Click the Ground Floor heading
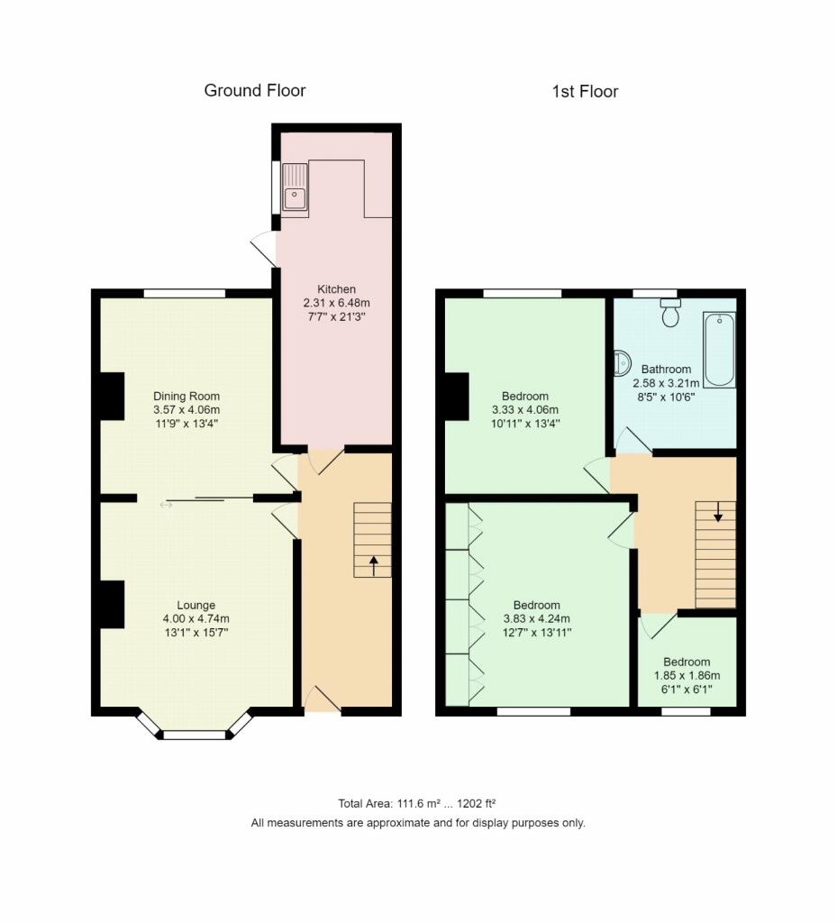tap(254, 90)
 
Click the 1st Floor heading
tap(585, 91)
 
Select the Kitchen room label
tap(335, 289)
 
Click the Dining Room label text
tap(187, 397)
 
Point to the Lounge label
tap(196, 605)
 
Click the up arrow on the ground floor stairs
tap(374, 565)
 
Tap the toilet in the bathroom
tap(669, 314)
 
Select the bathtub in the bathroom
tap(719, 349)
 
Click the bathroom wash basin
tap(622, 363)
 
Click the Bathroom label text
tap(666, 369)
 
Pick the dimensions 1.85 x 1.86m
tap(687, 675)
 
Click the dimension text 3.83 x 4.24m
tap(537, 619)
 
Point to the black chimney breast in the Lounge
tap(112, 604)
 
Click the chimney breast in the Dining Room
tap(112, 396)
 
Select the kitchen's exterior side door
tap(264, 249)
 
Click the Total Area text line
tap(418, 803)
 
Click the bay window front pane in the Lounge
tap(194, 735)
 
